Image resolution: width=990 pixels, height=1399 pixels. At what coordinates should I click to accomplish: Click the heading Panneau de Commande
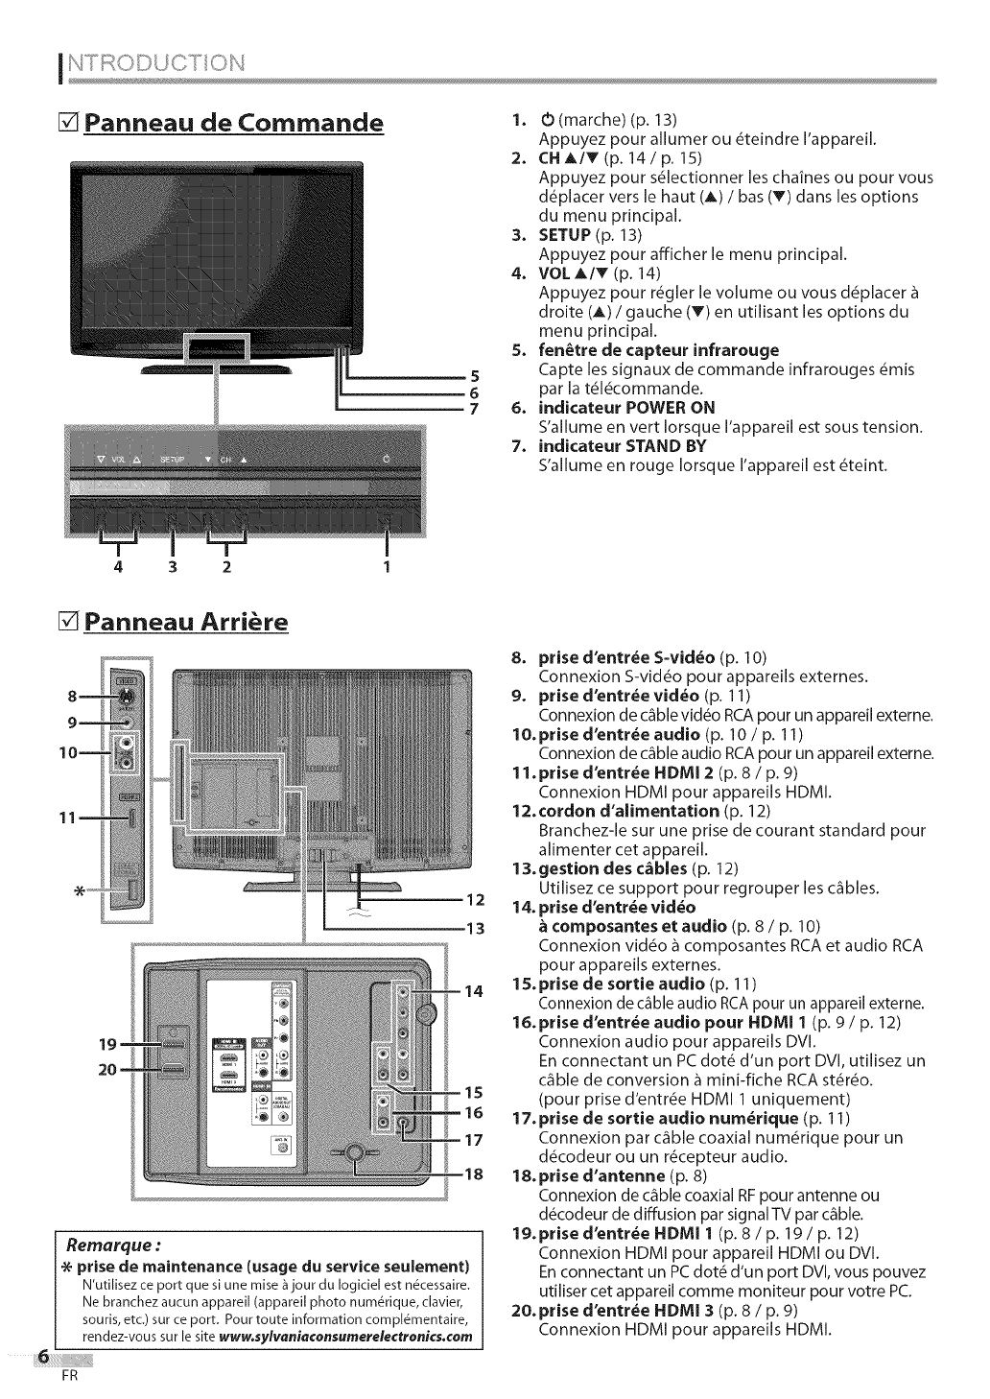click(x=233, y=124)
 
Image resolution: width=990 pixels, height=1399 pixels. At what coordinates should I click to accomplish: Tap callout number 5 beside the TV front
click(x=472, y=375)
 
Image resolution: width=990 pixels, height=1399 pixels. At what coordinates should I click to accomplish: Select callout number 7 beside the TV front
click(x=472, y=410)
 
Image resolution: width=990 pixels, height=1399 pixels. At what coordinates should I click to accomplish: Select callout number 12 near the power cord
click(x=475, y=900)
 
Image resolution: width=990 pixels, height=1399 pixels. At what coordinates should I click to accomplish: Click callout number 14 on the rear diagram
click(x=474, y=991)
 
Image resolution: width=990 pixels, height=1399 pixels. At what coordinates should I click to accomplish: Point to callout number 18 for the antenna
click(x=474, y=1174)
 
